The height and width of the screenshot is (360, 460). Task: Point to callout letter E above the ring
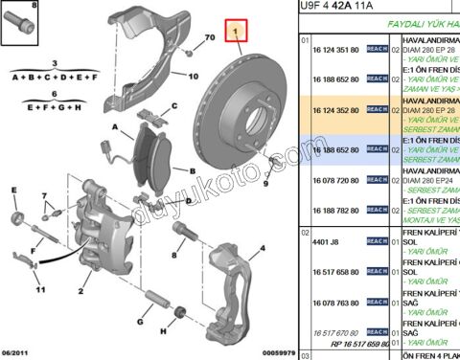[14, 191]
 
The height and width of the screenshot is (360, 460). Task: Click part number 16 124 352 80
[333, 111]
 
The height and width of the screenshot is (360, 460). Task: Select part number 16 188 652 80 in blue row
[333, 151]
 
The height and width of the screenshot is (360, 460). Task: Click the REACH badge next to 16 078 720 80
[377, 179]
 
